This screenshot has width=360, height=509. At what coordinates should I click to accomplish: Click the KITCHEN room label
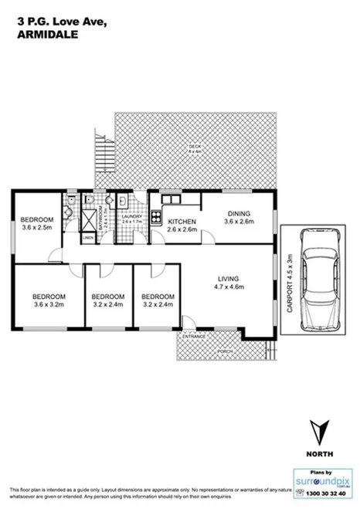click(x=182, y=222)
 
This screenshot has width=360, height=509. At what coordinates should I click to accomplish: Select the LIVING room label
click(x=228, y=278)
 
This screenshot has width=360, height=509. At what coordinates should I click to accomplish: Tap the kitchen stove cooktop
click(x=156, y=215)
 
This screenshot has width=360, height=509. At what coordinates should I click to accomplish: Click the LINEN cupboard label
click(x=88, y=238)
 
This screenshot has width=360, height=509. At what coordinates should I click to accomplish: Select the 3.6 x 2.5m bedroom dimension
click(x=36, y=228)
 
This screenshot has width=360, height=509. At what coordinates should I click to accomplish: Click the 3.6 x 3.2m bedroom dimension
click(x=48, y=304)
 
